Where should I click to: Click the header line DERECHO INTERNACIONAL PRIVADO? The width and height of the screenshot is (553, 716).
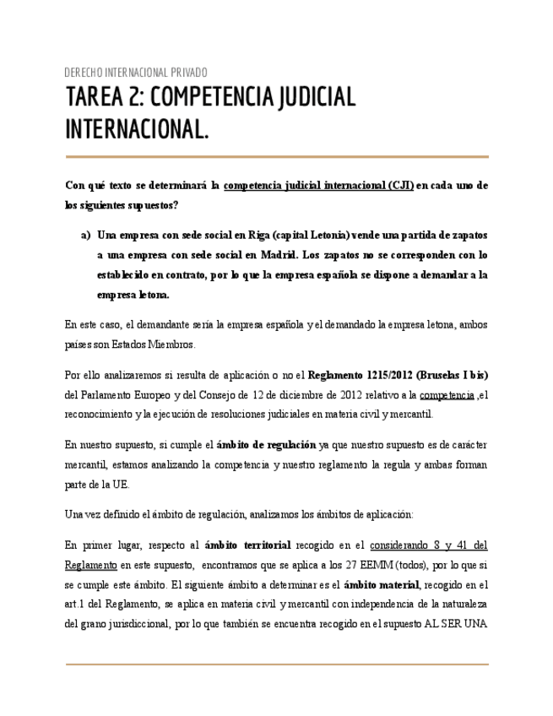[136, 73]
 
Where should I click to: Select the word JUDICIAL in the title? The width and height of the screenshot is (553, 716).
[314, 98]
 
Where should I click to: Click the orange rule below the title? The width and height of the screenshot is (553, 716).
[277, 157]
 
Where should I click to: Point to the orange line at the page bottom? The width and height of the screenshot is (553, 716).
[277, 664]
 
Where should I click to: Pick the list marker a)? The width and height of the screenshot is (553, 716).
[85, 234]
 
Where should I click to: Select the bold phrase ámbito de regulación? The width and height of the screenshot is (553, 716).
[266, 444]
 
